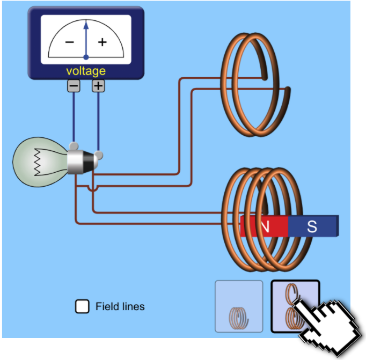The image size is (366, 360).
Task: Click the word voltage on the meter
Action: pos(86,71)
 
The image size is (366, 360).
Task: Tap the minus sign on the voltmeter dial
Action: pos(70,42)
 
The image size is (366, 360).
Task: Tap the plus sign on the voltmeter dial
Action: pos(102,42)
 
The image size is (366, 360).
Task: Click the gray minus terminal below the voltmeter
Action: pos(74,86)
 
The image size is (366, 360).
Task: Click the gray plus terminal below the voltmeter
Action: pos(98,86)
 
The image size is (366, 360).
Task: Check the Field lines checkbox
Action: pos(82,306)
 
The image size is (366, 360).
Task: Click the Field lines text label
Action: pos(120,307)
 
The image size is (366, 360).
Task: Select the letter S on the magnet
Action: pos(312,226)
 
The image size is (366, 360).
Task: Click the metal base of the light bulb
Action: pos(80,161)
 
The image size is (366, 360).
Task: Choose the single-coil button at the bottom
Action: pos(239,306)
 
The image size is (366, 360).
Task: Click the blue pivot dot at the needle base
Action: pos(86,57)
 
